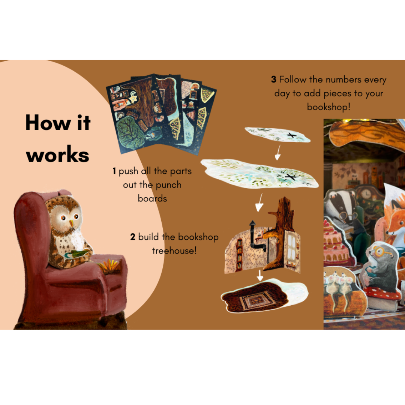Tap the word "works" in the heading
[58, 155]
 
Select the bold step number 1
[114, 171]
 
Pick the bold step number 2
[133, 237]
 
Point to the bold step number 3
[273, 79]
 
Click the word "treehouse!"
[174, 250]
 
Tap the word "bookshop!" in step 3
[328, 106]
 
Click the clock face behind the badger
[366, 194]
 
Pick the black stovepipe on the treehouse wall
[256, 238]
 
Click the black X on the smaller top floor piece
[292, 135]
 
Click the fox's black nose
[388, 233]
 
